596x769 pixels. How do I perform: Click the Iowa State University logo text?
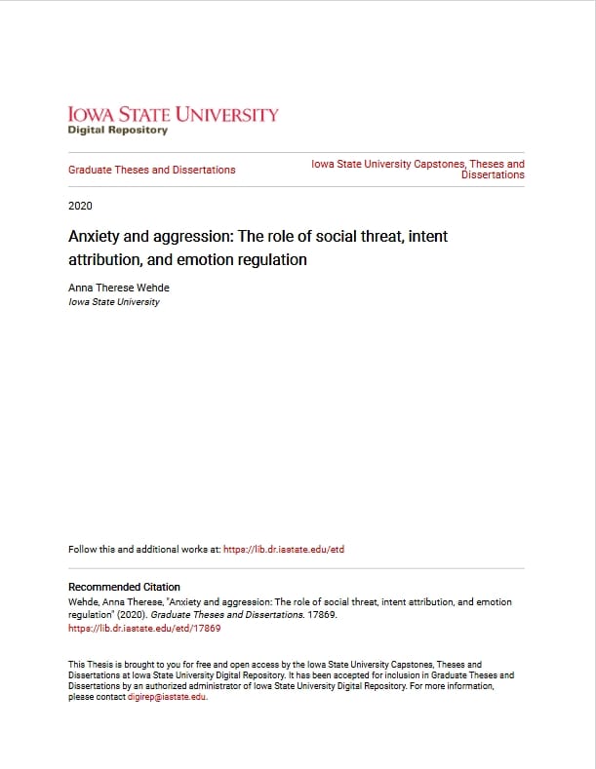click(x=173, y=115)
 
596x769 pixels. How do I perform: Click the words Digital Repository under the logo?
click(x=117, y=131)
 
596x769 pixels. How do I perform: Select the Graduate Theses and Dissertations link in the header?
click(x=151, y=170)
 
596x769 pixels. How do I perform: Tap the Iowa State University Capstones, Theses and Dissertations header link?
click(x=417, y=170)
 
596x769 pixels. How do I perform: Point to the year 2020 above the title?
click(x=80, y=206)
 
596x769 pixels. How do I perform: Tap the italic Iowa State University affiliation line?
click(x=113, y=302)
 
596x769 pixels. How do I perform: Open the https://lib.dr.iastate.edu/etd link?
click(x=284, y=550)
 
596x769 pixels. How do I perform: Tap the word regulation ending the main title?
click(x=275, y=260)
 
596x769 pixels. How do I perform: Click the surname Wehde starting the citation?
click(x=82, y=603)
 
